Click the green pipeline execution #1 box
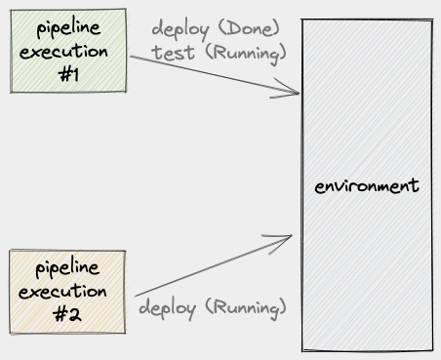(67, 50)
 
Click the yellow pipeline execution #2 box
(68, 290)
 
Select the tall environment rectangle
(366, 117)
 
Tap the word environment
(367, 185)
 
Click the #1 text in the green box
(68, 73)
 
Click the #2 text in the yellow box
(68, 314)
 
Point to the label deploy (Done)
(215, 26)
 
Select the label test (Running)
(219, 49)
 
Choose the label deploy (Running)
(214, 308)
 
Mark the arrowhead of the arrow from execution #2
(290, 236)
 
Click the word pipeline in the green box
(68, 27)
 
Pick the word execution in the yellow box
(68, 291)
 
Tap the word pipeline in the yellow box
(68, 267)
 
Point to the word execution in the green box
(68, 50)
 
